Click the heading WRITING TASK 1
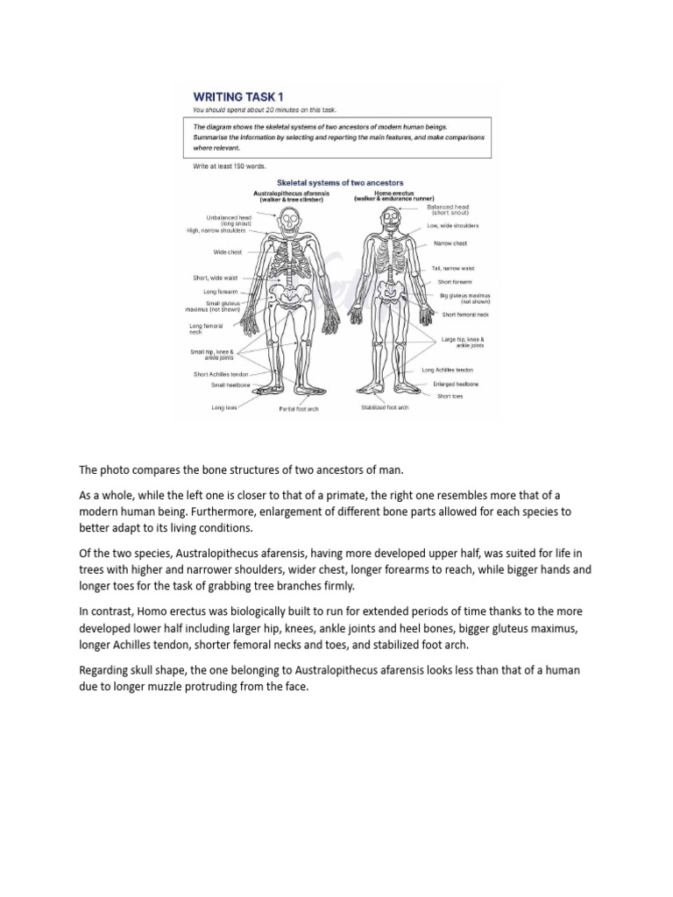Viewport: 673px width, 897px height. [x=238, y=97]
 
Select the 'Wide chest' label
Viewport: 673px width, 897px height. [x=228, y=251]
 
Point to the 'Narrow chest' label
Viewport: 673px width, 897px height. [x=450, y=243]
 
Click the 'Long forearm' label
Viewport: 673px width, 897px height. [x=220, y=291]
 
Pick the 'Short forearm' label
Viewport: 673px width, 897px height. [x=455, y=282]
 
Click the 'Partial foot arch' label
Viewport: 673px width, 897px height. [x=299, y=408]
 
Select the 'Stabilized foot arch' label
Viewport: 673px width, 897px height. [x=385, y=407]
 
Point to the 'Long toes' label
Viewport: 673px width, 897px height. [x=223, y=406]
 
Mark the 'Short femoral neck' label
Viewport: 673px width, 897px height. [x=465, y=314]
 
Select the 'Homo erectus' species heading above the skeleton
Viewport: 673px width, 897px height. [x=393, y=192]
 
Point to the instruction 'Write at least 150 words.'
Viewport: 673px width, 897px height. [x=229, y=166]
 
